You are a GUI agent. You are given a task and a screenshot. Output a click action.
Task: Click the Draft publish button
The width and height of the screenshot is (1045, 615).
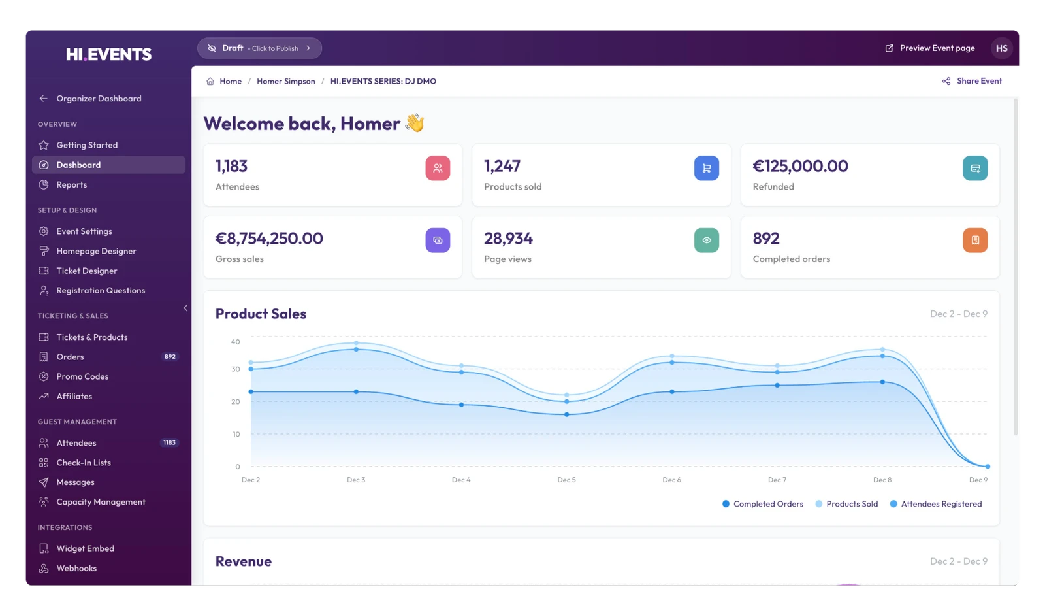[x=259, y=48]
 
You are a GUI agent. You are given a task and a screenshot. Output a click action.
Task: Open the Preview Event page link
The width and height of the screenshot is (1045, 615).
[x=930, y=48]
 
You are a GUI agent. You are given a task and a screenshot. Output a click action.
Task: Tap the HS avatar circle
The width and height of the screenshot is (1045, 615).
[x=1002, y=48]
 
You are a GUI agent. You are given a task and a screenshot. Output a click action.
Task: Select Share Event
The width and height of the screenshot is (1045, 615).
[x=972, y=81]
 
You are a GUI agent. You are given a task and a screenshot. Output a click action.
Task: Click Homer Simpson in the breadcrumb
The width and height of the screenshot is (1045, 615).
[x=286, y=81]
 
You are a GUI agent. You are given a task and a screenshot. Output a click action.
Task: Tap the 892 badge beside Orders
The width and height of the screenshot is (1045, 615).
[x=170, y=357]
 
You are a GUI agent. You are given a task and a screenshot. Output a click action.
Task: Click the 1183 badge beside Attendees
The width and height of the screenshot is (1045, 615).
[x=169, y=442]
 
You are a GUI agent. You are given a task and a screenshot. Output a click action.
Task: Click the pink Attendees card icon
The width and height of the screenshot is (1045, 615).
[x=438, y=168]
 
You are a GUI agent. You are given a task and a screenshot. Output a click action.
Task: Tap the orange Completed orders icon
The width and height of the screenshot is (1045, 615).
[x=975, y=240]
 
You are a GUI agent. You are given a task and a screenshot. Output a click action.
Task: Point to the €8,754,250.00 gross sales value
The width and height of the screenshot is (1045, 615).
[x=269, y=238]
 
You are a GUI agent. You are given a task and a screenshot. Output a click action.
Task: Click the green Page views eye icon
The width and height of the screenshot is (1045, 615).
[x=706, y=240]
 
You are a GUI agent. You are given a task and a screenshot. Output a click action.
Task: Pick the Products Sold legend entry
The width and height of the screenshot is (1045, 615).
[x=846, y=504]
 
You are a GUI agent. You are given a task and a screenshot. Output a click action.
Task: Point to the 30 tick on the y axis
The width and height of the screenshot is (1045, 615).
[x=236, y=369]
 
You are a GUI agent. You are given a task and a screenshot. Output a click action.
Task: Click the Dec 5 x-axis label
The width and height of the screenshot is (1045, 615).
[x=566, y=480]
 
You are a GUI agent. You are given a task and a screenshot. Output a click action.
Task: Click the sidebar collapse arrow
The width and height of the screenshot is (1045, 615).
[x=185, y=308]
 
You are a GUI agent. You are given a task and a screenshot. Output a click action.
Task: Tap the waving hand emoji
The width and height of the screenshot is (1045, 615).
[x=415, y=124]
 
